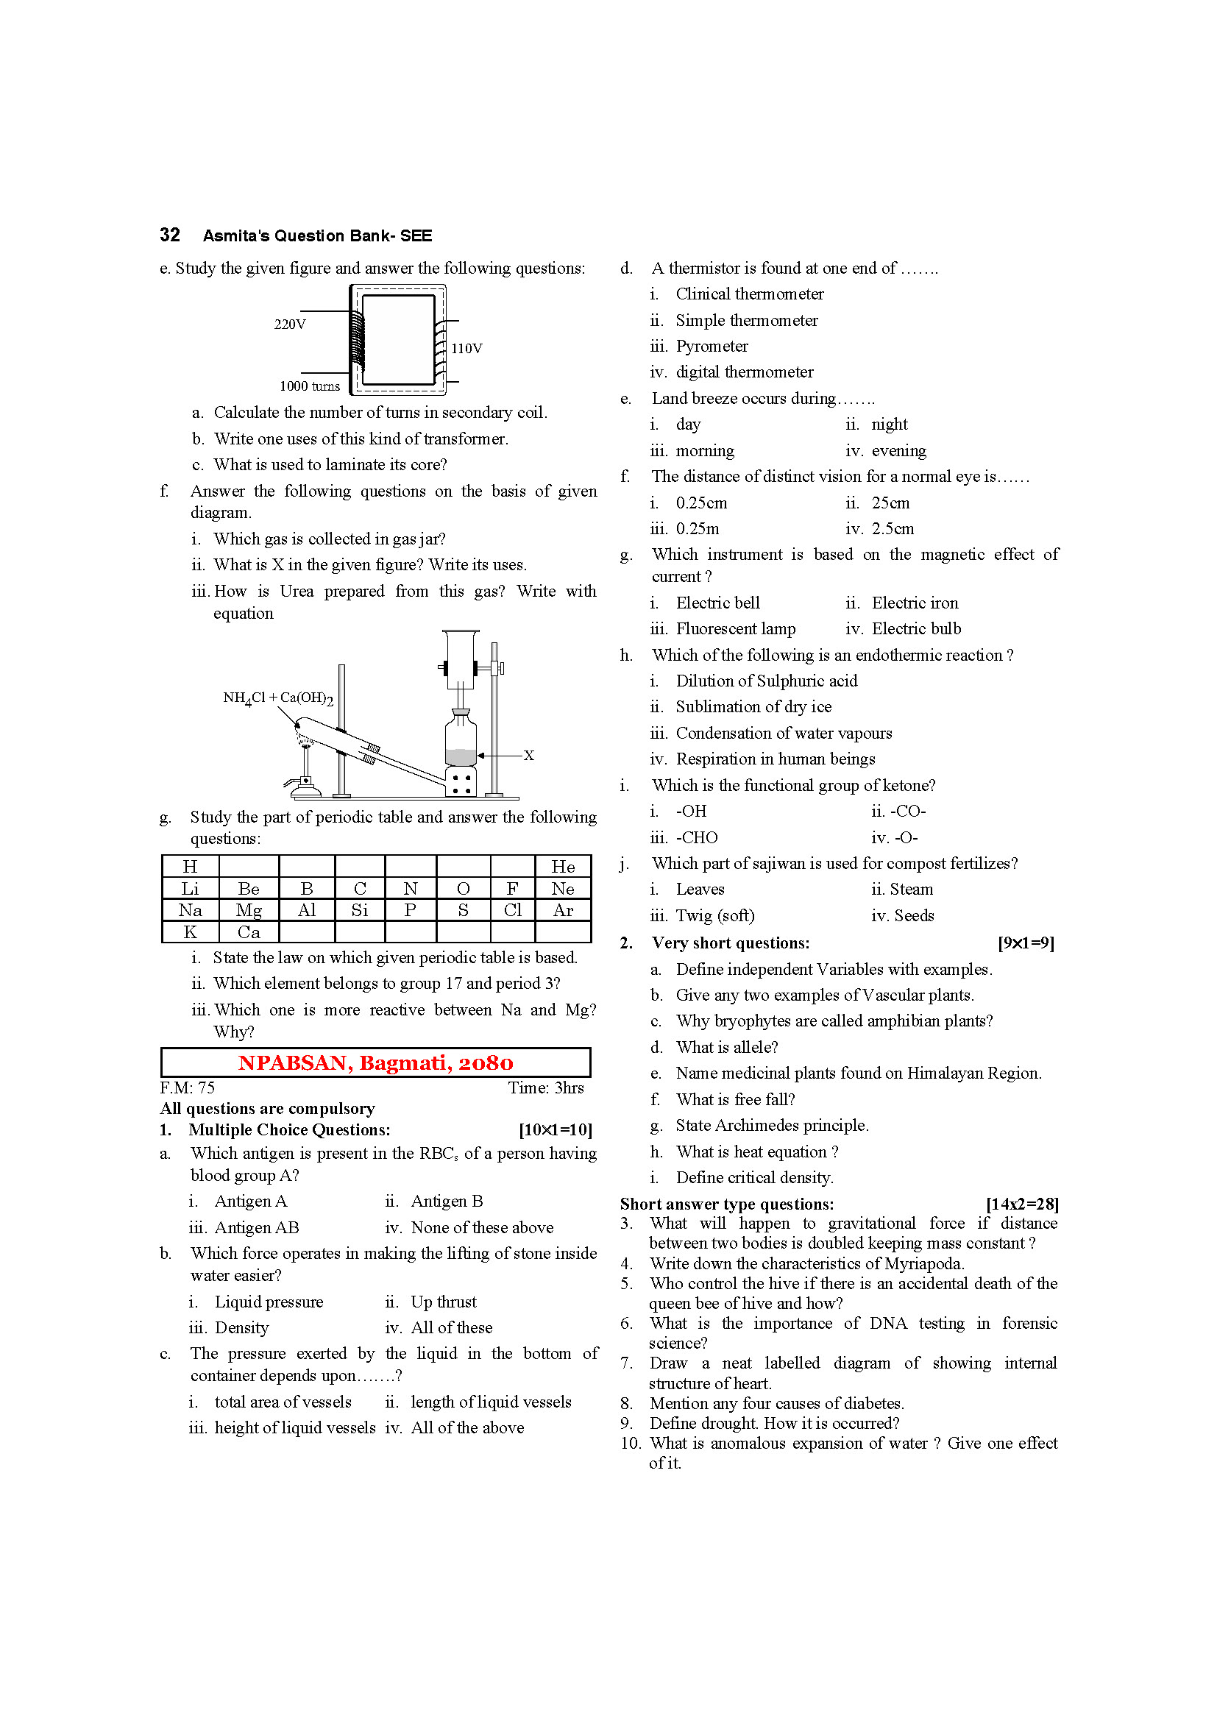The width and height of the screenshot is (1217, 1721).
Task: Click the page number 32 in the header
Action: pyautogui.click(x=169, y=235)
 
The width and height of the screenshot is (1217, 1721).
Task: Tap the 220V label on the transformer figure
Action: pyautogui.click(x=289, y=324)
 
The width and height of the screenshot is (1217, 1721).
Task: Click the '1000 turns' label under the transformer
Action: pyautogui.click(x=309, y=386)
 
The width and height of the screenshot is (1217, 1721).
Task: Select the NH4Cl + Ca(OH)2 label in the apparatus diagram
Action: pyautogui.click(x=277, y=698)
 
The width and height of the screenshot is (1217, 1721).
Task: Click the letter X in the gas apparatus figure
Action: pyautogui.click(x=528, y=755)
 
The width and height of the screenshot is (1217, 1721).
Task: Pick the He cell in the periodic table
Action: pyautogui.click(x=563, y=867)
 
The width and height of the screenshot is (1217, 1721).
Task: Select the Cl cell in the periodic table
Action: pyautogui.click(x=513, y=910)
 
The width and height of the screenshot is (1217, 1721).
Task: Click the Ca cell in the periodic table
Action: pyautogui.click(x=248, y=932)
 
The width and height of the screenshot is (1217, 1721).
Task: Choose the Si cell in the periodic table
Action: pyautogui.click(x=360, y=910)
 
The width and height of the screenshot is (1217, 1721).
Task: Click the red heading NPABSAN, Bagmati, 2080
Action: pyautogui.click(x=375, y=1062)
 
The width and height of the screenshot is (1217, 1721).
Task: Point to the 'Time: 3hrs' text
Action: pyautogui.click(x=545, y=1087)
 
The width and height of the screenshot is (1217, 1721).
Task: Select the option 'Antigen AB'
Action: pyautogui.click(x=256, y=1227)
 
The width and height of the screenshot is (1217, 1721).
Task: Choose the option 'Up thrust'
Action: pyautogui.click(x=443, y=1302)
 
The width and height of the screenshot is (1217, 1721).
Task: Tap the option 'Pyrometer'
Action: pyautogui.click(x=712, y=346)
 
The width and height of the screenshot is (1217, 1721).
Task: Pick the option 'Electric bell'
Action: pyautogui.click(x=717, y=603)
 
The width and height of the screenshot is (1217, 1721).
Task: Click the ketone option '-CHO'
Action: pyautogui.click(x=696, y=837)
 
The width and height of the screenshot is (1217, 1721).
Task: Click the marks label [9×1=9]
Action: pyautogui.click(x=1025, y=943)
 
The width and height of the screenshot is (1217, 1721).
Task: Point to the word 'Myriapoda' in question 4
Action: pyautogui.click(x=924, y=1263)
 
